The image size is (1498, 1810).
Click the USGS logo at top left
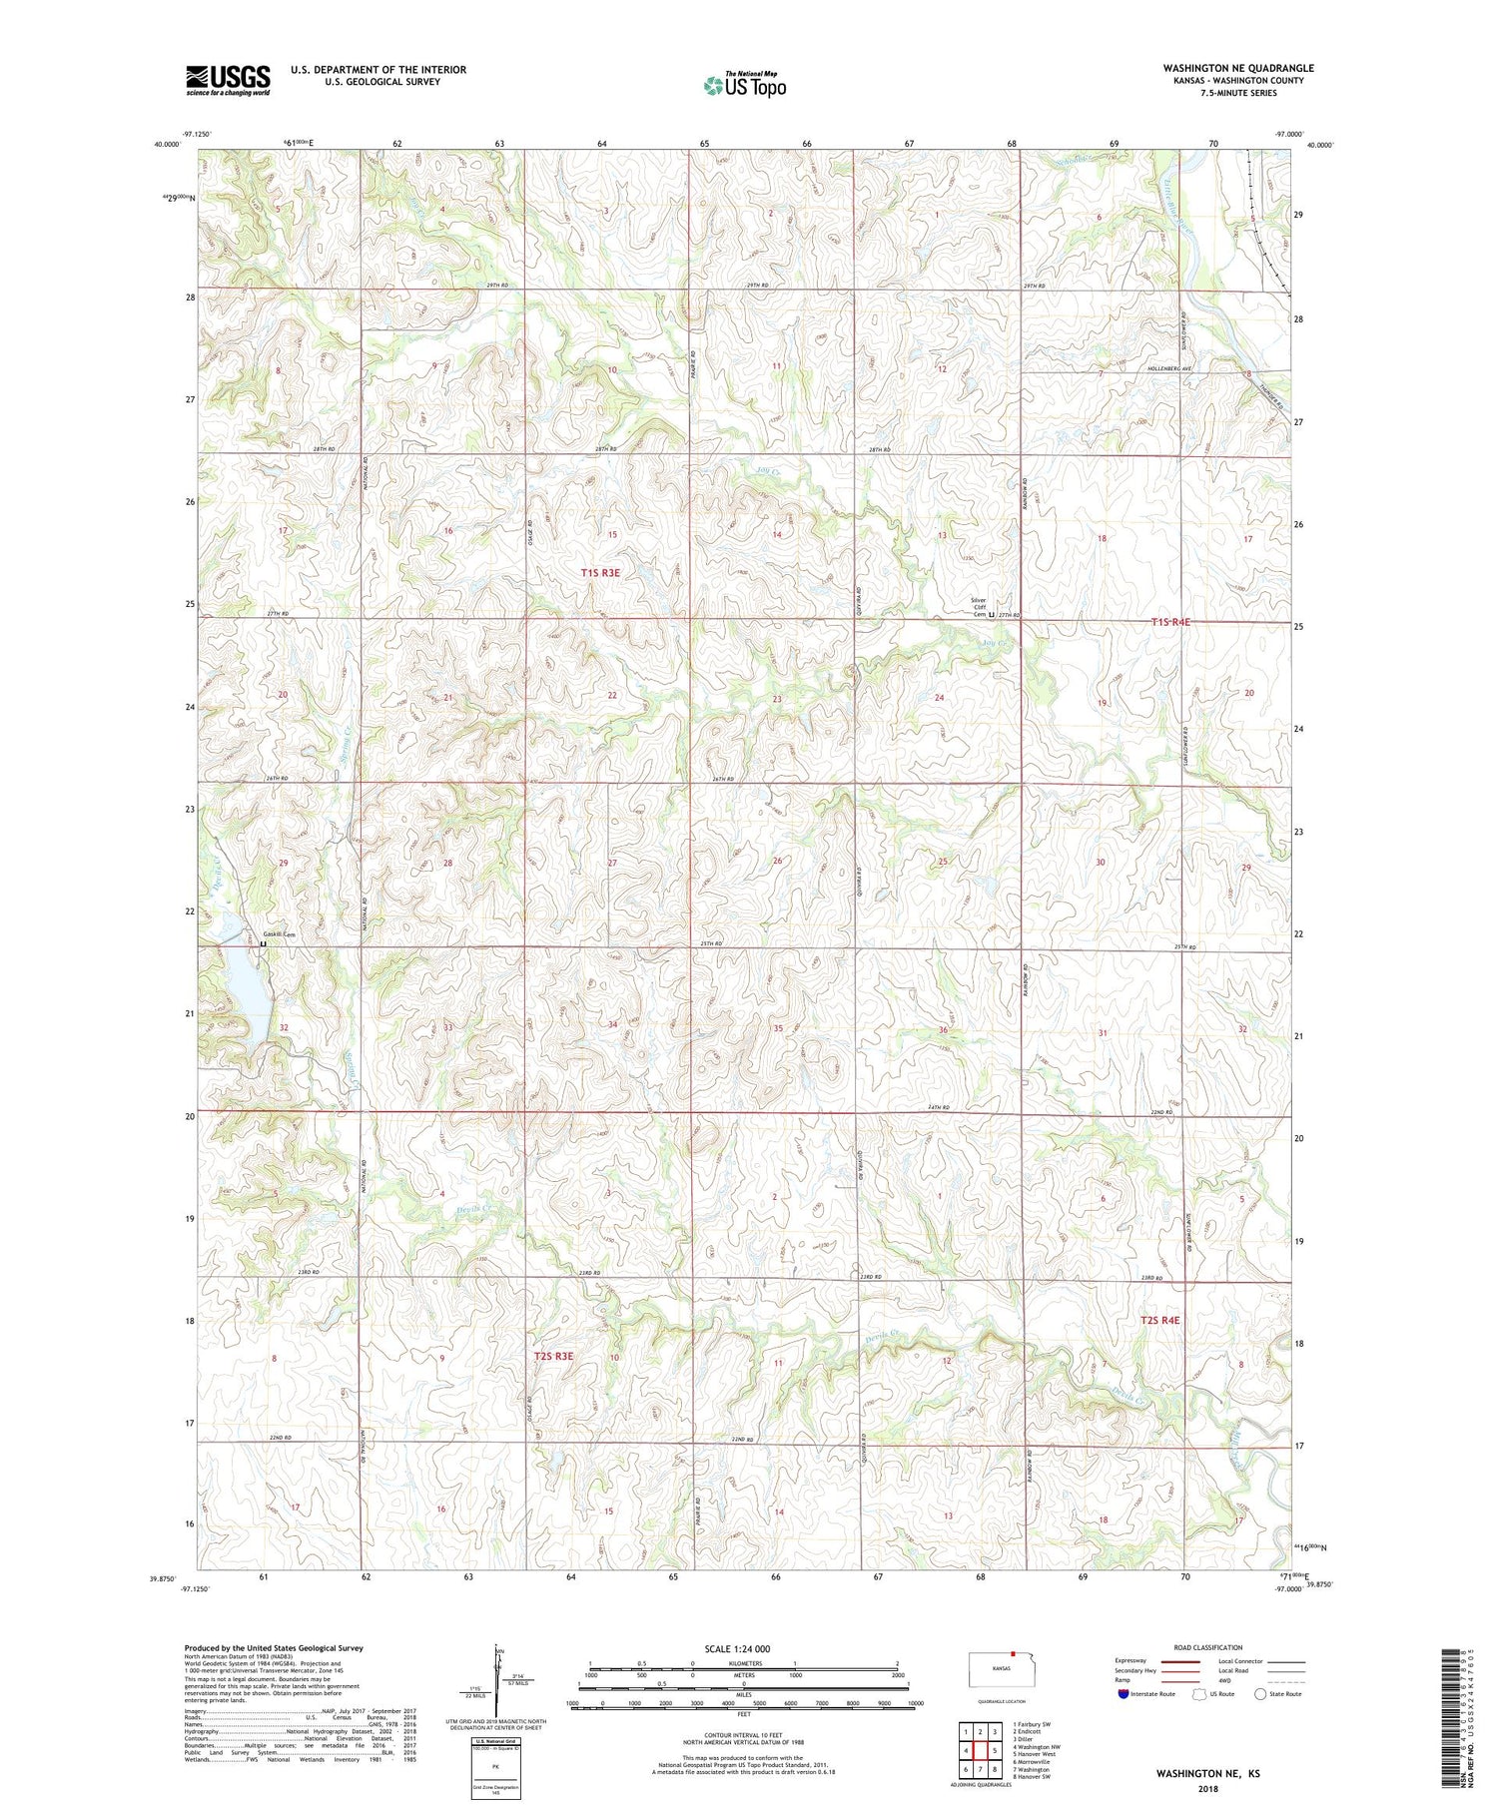pos(228,80)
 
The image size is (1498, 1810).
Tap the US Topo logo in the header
pos(744,86)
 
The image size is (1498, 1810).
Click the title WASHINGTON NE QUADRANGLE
pos(1237,68)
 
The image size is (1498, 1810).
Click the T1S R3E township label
pos(600,573)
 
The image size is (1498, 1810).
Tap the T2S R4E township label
pos(1159,1320)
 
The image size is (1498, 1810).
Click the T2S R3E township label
pos(553,1356)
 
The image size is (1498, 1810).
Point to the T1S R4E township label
pos(1170,622)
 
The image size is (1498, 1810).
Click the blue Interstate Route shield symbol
pos(1123,1694)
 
